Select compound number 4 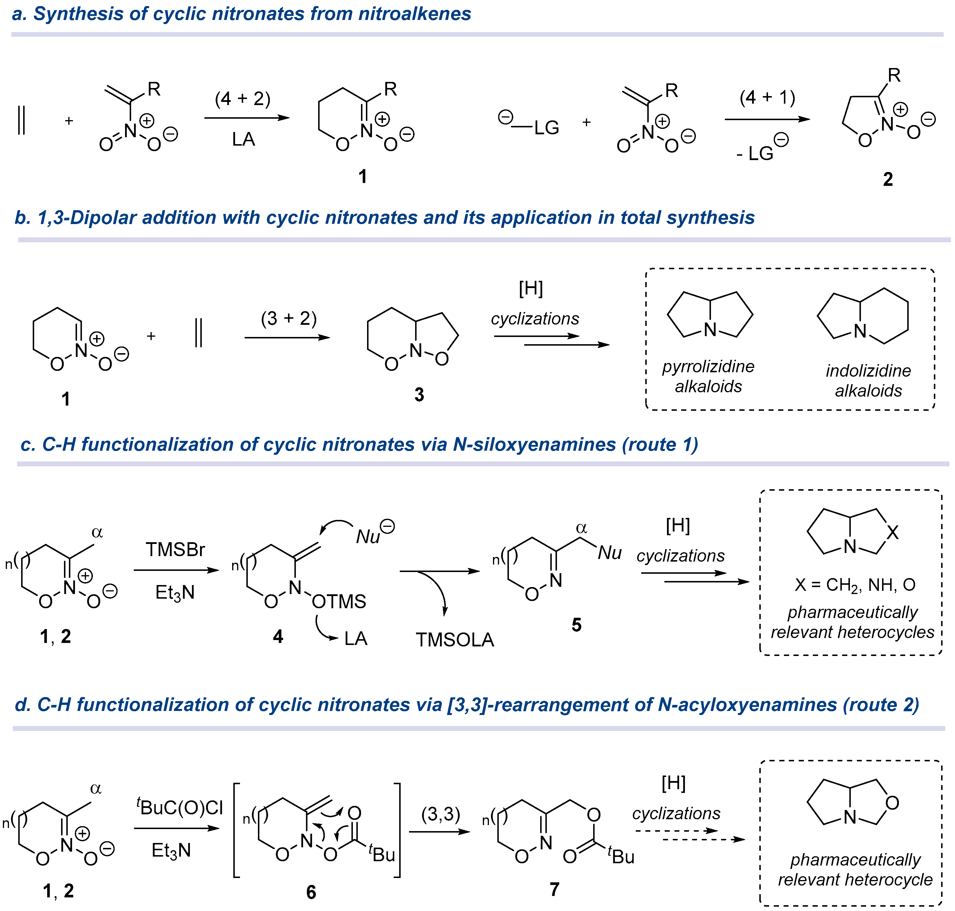coord(278,636)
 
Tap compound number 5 coord(576,625)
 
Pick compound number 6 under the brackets coord(311,892)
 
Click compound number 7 coord(554,889)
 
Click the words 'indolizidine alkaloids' coord(868,381)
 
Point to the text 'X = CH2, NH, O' coord(855,585)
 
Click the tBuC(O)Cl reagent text coord(180,807)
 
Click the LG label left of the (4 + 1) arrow coord(546,128)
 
